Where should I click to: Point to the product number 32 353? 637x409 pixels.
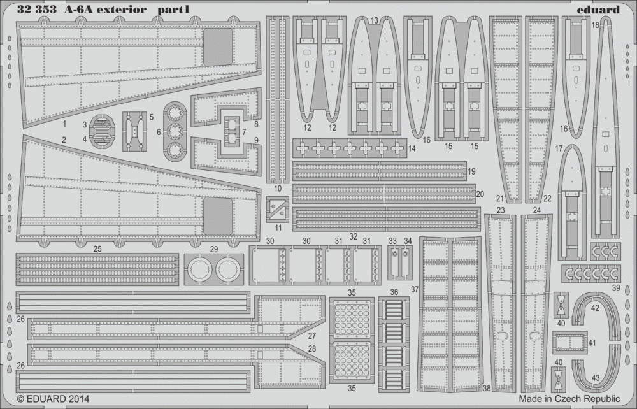36,9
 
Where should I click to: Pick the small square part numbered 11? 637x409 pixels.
278,209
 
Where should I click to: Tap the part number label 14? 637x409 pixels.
412,148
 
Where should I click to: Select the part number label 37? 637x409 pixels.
415,289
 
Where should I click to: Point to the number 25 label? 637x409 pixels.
97,249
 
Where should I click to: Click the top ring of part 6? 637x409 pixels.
175,113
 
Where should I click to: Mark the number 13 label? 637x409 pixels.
374,20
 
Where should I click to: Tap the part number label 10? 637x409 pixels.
278,189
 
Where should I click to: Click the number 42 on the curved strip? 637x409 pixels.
595,308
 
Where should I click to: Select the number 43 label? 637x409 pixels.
596,378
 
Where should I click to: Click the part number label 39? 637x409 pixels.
616,288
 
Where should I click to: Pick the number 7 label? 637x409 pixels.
244,132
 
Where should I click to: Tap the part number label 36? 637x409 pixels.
394,292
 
